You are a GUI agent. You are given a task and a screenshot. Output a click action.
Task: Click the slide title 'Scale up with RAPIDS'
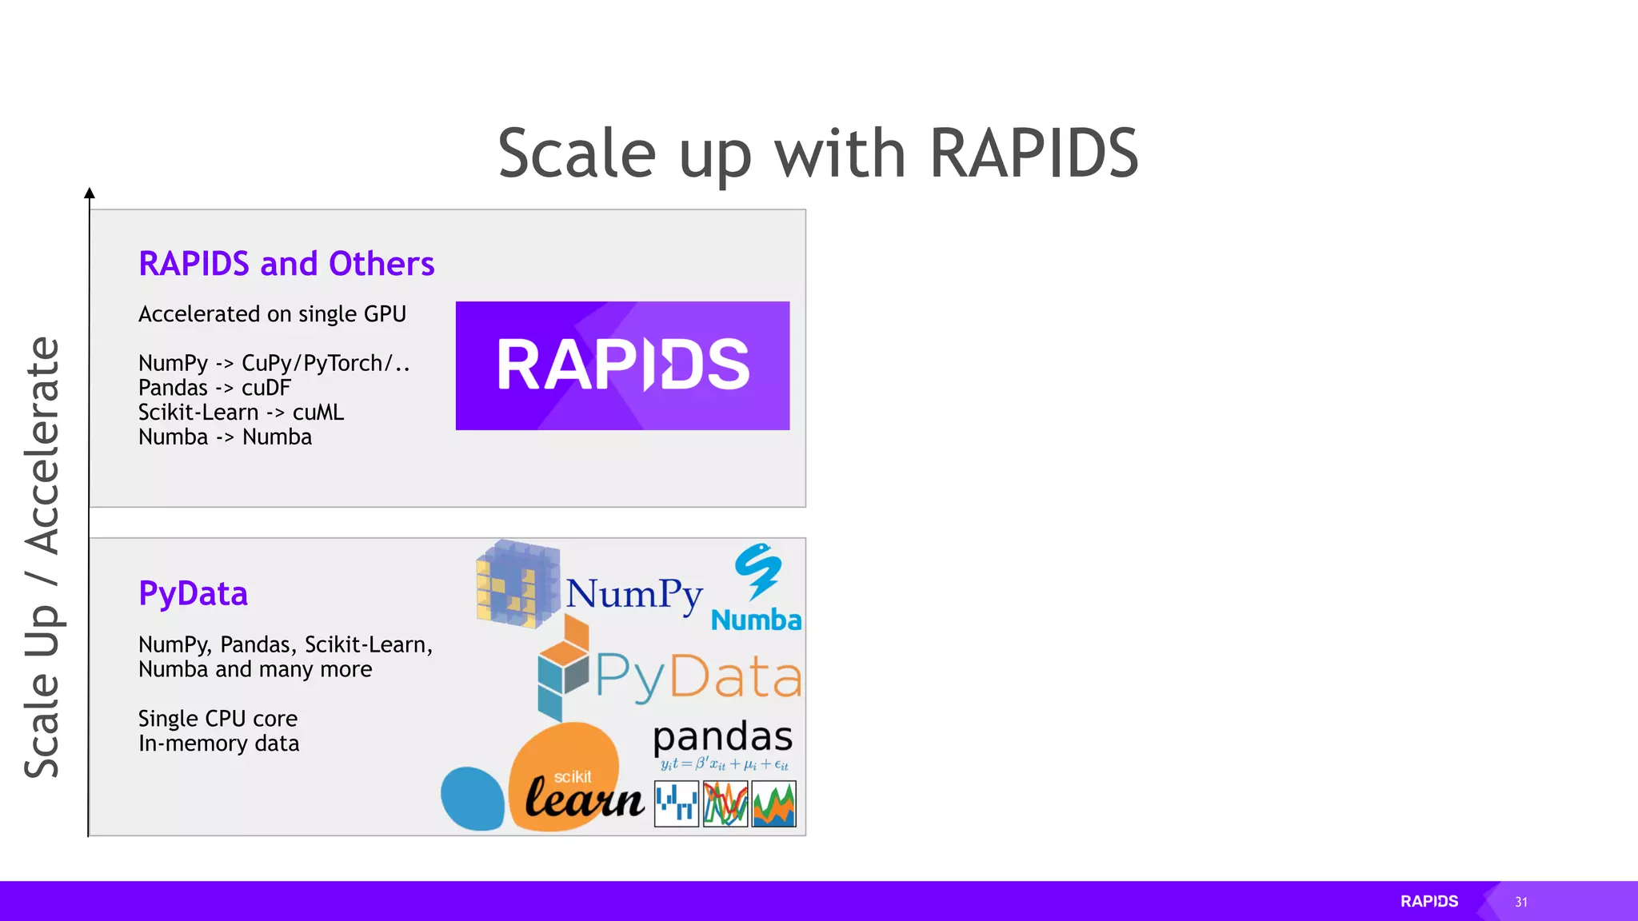817,153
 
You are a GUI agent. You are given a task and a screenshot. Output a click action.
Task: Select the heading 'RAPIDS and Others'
286,264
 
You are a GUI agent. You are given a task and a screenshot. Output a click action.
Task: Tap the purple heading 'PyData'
193,594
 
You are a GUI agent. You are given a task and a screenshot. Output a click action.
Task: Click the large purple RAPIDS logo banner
622,365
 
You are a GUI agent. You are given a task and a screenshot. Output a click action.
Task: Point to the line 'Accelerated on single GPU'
272,314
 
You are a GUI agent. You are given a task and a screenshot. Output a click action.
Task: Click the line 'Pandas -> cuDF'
214,388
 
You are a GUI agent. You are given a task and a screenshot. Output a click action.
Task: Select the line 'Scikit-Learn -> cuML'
241,413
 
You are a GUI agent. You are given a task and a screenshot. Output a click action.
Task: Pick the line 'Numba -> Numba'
225,437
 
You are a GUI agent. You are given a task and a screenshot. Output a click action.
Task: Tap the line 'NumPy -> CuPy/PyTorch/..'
274,363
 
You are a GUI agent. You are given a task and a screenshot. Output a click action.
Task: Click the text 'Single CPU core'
218,719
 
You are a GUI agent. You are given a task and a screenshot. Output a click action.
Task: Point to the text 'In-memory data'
218,744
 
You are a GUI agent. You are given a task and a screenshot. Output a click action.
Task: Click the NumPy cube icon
517,584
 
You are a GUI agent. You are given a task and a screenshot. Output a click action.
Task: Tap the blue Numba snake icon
757,571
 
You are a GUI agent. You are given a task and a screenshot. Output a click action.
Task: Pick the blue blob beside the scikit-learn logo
472,798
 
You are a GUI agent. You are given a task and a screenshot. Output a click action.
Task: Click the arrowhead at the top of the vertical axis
90,193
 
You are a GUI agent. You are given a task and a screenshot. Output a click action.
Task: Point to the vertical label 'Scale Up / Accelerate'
42,556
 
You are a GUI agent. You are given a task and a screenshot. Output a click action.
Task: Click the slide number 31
1520,902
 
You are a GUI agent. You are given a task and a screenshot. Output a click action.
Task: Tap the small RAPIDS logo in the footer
1428,901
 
